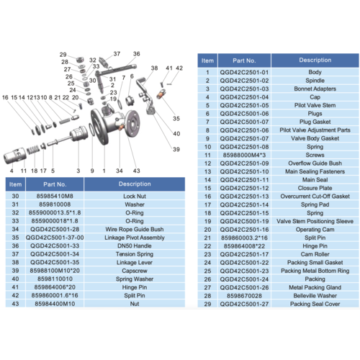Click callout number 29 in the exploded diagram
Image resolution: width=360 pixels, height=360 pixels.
63,55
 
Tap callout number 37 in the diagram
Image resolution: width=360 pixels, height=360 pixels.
116,54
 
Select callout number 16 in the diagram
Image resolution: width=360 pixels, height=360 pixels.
4,96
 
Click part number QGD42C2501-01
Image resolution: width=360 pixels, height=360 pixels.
247,72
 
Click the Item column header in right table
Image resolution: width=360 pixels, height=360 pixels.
207,61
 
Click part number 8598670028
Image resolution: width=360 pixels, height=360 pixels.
247,295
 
